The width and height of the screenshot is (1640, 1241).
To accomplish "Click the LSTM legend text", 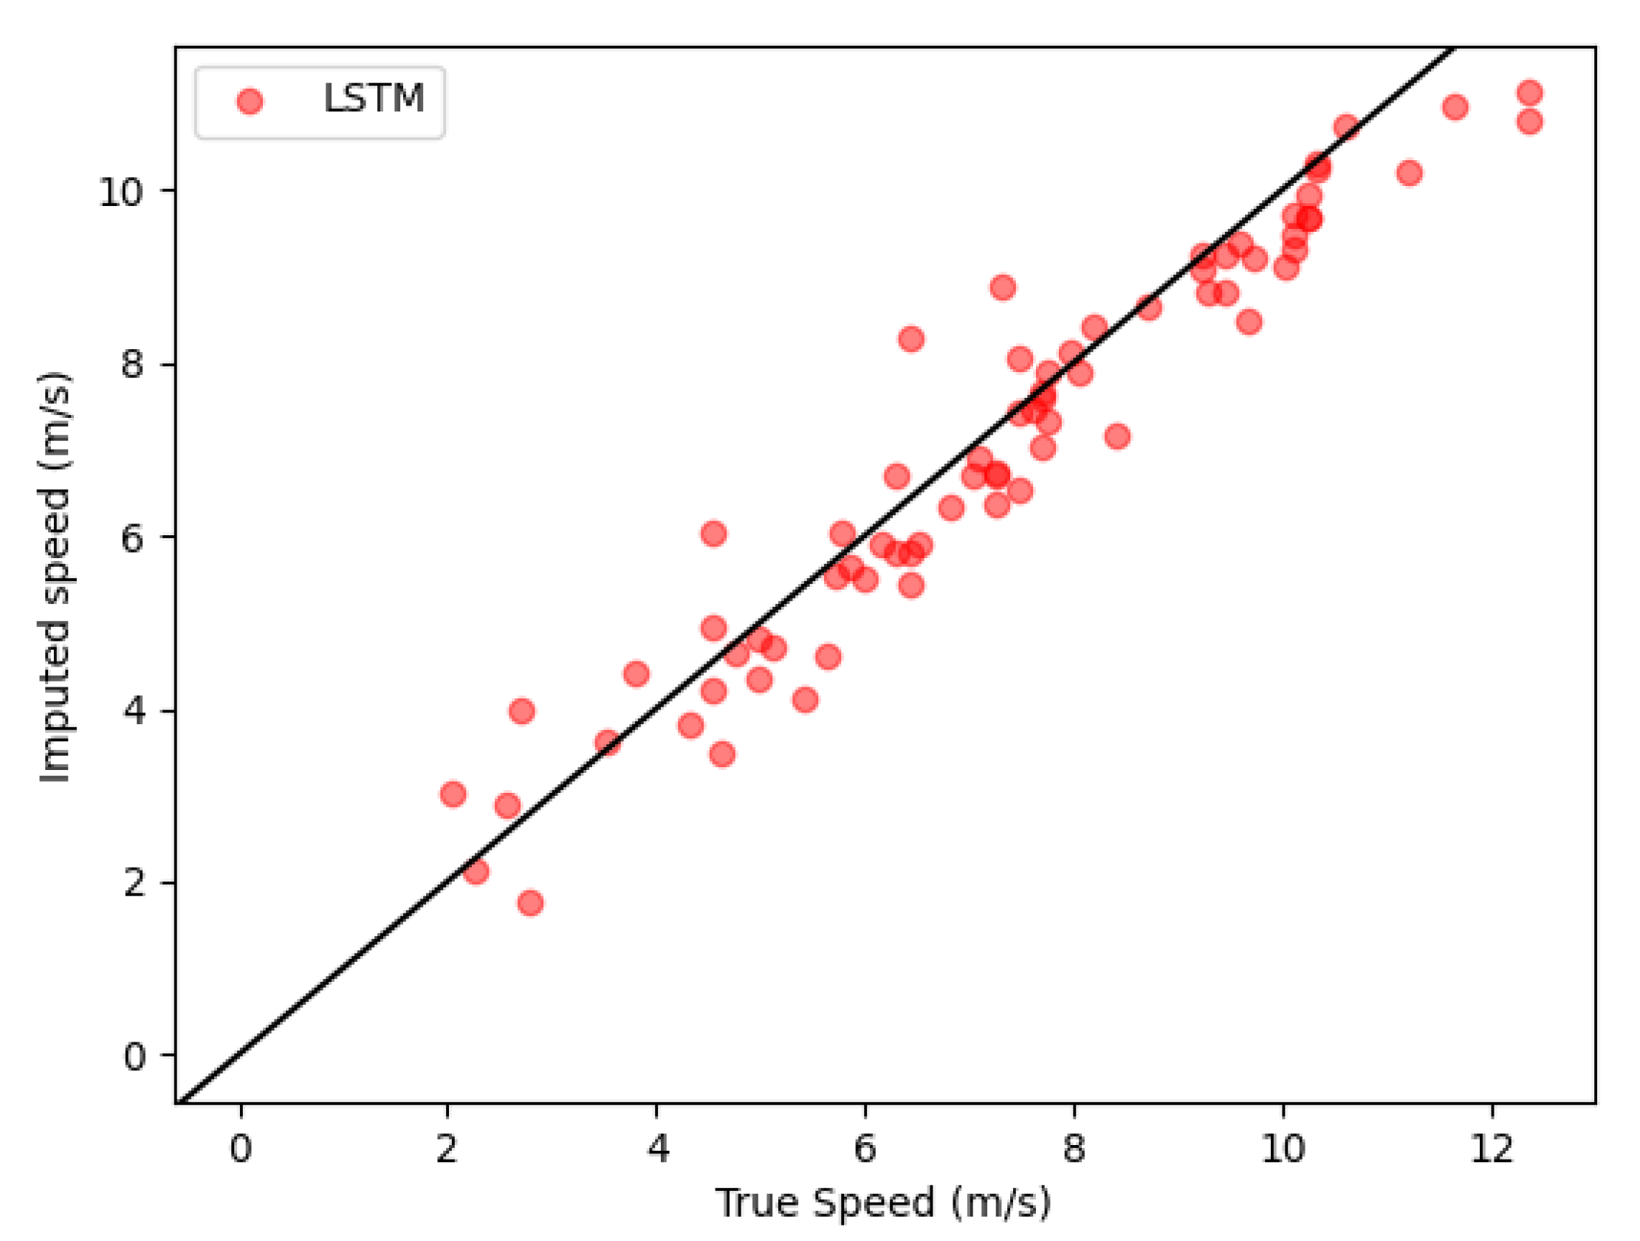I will pos(373,98).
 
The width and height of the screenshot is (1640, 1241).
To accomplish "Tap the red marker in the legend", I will pos(250,101).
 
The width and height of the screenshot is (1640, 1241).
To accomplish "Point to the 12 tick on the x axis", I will pos(1492,1148).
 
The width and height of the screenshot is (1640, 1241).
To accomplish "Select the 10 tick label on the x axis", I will pos(1283,1148).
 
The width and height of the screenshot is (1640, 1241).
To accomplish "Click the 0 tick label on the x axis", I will pos(240,1148).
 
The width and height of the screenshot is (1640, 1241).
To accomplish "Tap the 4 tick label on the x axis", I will pos(657,1148).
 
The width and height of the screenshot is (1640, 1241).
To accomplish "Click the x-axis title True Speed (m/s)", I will pos(883,1202).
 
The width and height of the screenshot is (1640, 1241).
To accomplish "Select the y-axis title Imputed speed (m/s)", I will pos(55,576).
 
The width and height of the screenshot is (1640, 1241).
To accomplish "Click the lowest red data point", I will pos(530,903).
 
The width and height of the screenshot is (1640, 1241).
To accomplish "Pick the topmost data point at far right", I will pos(1529,93).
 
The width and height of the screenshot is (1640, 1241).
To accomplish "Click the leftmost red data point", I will pos(453,794).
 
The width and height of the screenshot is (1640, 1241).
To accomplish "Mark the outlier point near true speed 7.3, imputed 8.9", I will pos(1003,287).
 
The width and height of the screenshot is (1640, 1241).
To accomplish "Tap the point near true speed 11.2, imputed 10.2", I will pos(1410,173).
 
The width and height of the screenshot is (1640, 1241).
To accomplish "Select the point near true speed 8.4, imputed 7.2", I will pos(1117,436).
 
